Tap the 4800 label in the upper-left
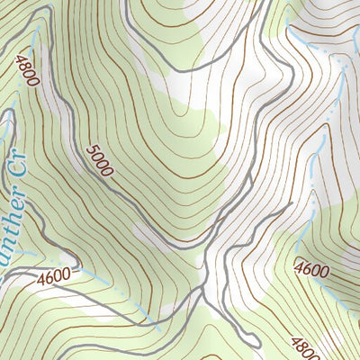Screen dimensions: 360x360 click(26, 70)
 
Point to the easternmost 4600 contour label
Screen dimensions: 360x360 click(310, 267)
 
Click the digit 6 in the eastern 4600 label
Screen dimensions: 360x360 click(306, 266)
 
